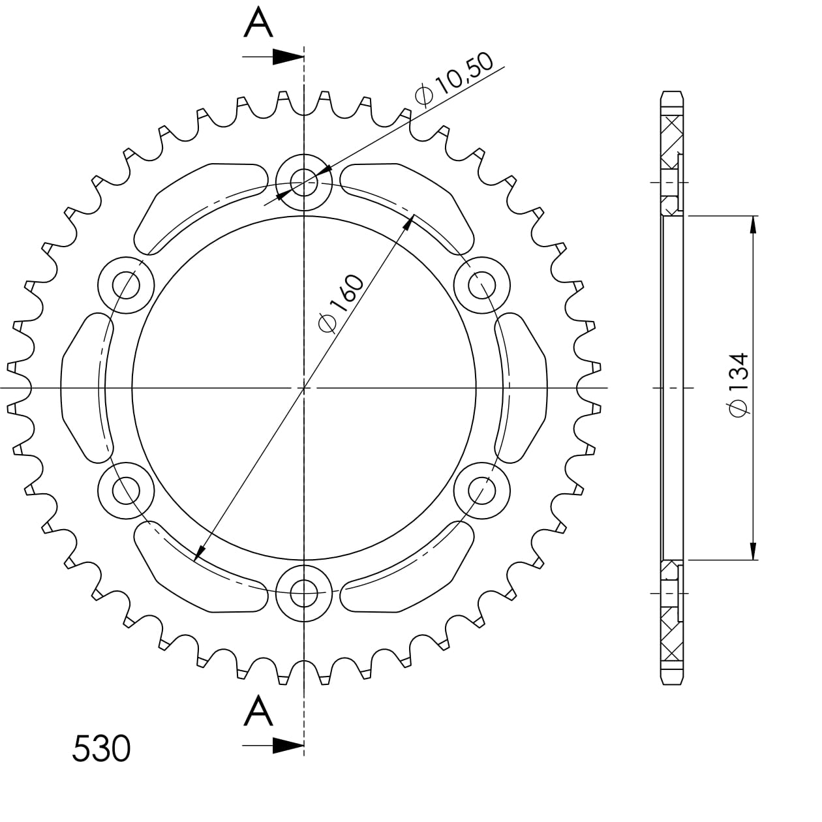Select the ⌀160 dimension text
point(341,303)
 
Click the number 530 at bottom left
point(101,748)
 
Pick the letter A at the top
point(258,23)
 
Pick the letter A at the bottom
point(258,711)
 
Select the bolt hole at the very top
point(304,183)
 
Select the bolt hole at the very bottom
point(304,594)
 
